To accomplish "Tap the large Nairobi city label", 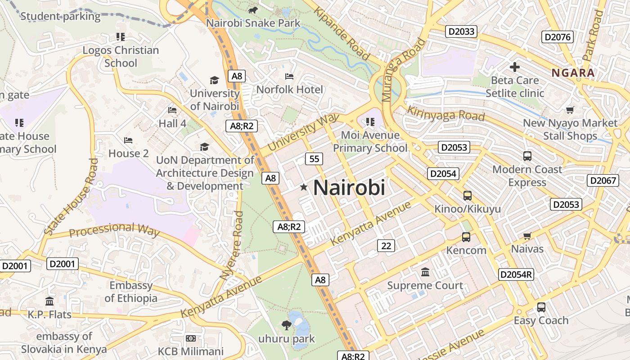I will pyautogui.click(x=349, y=187).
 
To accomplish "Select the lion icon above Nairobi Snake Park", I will pyautogui.click(x=253, y=9).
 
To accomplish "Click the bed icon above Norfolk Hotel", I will pyautogui.click(x=289, y=76).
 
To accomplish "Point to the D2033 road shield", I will pyautogui.click(x=461, y=31).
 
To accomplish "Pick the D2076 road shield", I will pyautogui.click(x=558, y=37).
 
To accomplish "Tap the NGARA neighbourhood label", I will pyautogui.click(x=573, y=73).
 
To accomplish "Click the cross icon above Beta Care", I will pyautogui.click(x=515, y=67).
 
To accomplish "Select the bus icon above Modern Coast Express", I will pyautogui.click(x=527, y=156).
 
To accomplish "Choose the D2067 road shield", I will pyautogui.click(x=603, y=180).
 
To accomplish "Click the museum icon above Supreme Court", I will pyautogui.click(x=425, y=272).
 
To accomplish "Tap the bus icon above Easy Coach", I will pyautogui.click(x=541, y=307).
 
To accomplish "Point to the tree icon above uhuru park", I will pyautogui.click(x=286, y=325).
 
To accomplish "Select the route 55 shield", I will pyautogui.click(x=314, y=158).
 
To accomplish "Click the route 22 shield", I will pyautogui.click(x=386, y=246).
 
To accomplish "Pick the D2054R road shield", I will pyautogui.click(x=516, y=274).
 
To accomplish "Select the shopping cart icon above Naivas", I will pyautogui.click(x=527, y=236).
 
